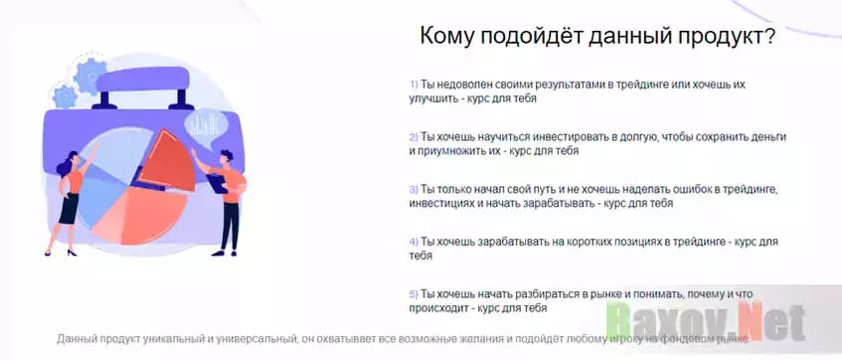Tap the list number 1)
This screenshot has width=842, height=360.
tap(414, 86)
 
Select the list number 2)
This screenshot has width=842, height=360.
tap(414, 136)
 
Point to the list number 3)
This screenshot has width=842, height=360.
tap(414, 188)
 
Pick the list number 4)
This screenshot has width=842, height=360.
tap(414, 241)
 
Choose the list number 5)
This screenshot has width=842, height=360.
tap(414, 293)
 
